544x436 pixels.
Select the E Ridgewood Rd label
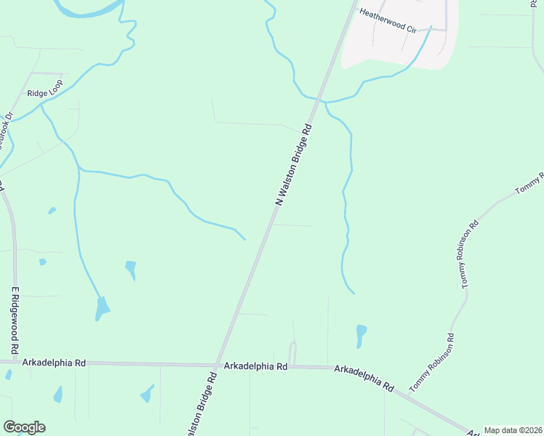(13, 320)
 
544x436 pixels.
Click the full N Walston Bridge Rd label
(295, 164)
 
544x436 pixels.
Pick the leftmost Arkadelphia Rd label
(55, 362)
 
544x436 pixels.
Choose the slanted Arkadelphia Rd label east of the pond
(364, 379)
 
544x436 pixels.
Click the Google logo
(24, 427)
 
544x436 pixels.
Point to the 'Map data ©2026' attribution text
(513, 430)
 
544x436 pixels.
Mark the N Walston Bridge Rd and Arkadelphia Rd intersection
(217, 365)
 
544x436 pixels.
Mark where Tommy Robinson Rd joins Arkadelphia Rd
(409, 396)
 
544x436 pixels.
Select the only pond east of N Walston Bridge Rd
(361, 335)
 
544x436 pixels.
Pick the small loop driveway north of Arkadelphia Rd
(293, 352)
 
